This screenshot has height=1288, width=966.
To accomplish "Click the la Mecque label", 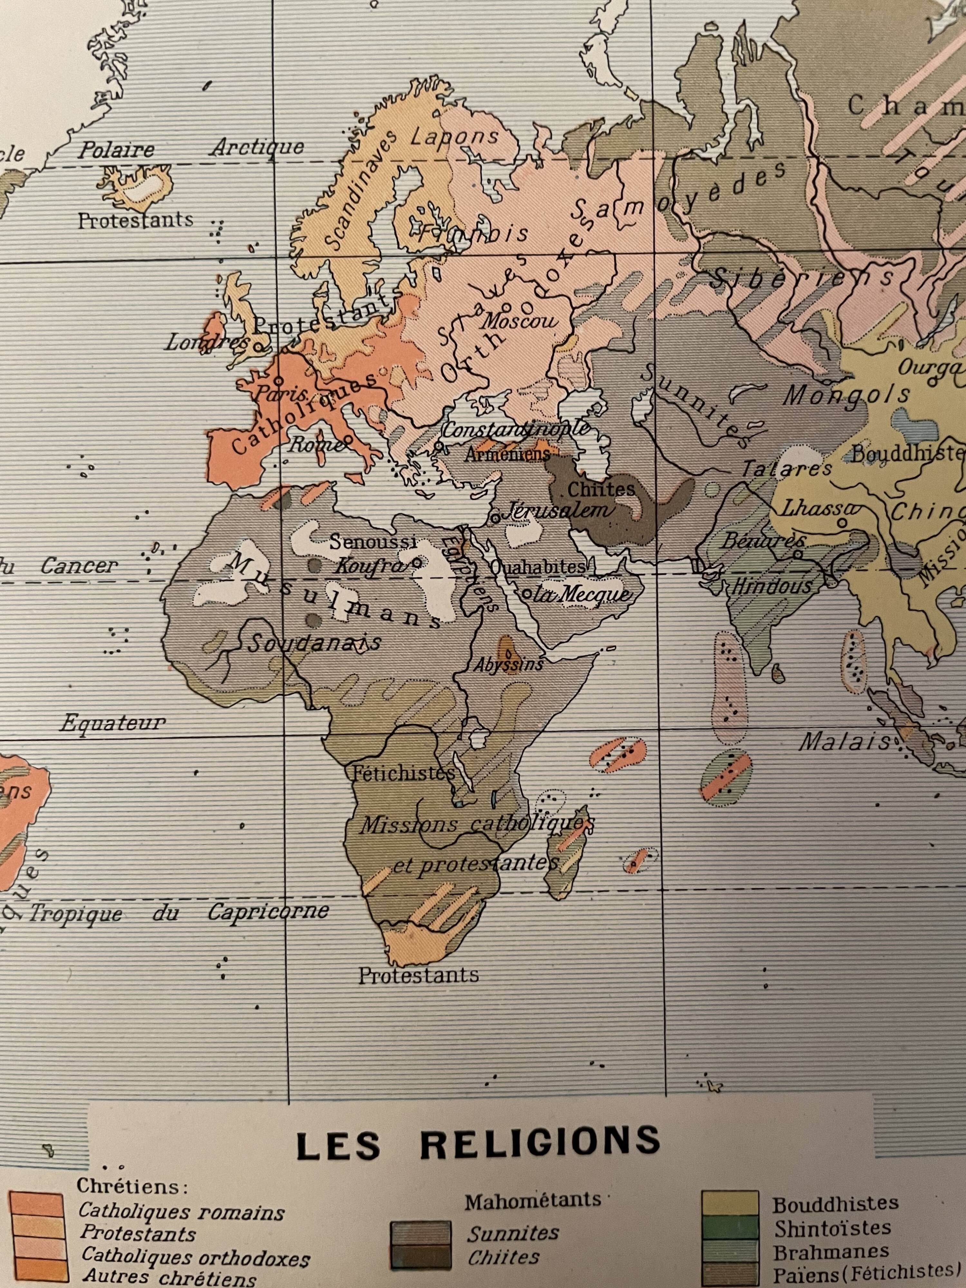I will click(582, 594).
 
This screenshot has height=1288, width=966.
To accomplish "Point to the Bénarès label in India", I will click(754, 542).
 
